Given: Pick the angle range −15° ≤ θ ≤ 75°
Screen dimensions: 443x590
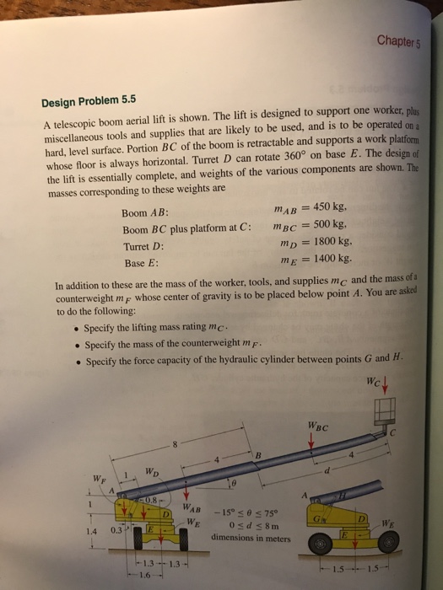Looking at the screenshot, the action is point(250,512).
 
